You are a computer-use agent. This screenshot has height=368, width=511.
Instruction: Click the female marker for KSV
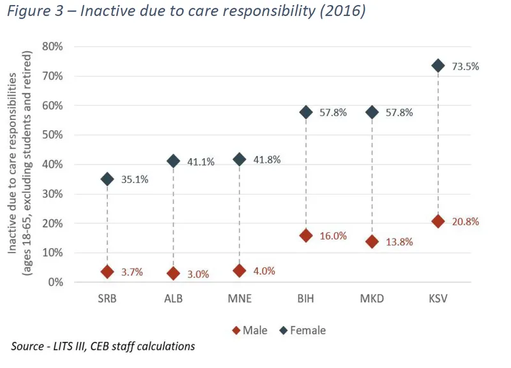click(x=438, y=66)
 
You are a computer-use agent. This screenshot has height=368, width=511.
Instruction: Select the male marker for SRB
click(x=107, y=272)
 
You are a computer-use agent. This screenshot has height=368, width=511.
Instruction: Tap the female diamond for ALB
click(x=173, y=161)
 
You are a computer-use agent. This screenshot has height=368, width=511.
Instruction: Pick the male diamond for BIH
click(x=305, y=235)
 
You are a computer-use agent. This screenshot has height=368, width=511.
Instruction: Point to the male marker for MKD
click(x=372, y=242)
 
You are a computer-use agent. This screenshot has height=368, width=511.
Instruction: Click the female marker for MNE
click(x=240, y=159)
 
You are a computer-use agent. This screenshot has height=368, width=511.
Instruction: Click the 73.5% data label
click(x=466, y=66)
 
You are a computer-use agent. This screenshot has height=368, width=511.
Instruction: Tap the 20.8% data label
click(x=466, y=222)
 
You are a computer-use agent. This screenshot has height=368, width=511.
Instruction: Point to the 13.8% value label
click(x=399, y=242)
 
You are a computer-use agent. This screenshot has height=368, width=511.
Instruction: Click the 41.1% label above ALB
click(x=201, y=162)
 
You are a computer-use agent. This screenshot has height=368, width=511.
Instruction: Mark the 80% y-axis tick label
click(x=52, y=47)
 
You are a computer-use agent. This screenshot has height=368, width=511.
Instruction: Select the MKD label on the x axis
click(x=372, y=299)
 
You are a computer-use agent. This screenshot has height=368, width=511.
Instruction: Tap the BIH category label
click(x=305, y=299)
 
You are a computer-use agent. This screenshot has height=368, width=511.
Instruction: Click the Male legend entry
click(x=250, y=330)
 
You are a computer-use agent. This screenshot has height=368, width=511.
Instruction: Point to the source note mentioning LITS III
click(x=103, y=346)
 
